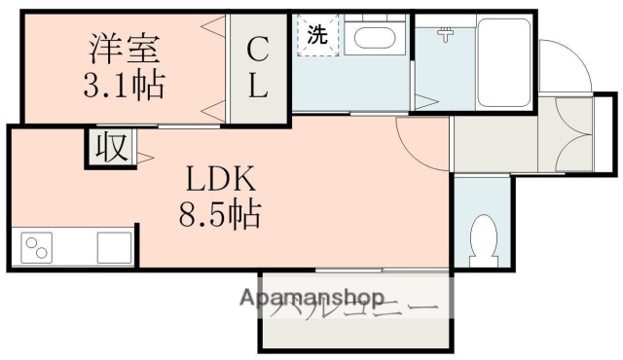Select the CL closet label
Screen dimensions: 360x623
click(x=258, y=67)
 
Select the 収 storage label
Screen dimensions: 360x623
click(x=110, y=148)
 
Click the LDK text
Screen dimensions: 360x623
click(x=221, y=179)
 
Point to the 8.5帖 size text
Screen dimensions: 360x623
click(x=221, y=213)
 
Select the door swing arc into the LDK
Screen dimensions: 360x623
click(x=414, y=136)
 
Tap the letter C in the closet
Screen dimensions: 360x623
click(x=258, y=49)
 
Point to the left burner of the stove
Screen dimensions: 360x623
click(x=32, y=242)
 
